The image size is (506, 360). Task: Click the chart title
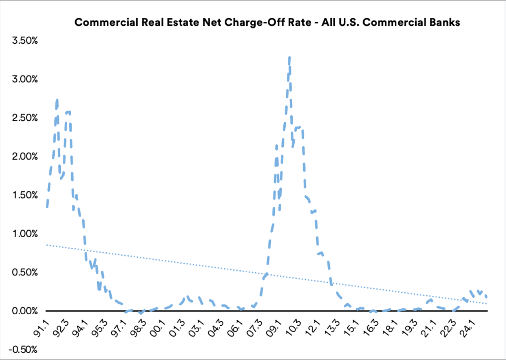267,23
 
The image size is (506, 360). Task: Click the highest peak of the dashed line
289,57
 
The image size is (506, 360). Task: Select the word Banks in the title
446,23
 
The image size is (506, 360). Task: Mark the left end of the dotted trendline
47,245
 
